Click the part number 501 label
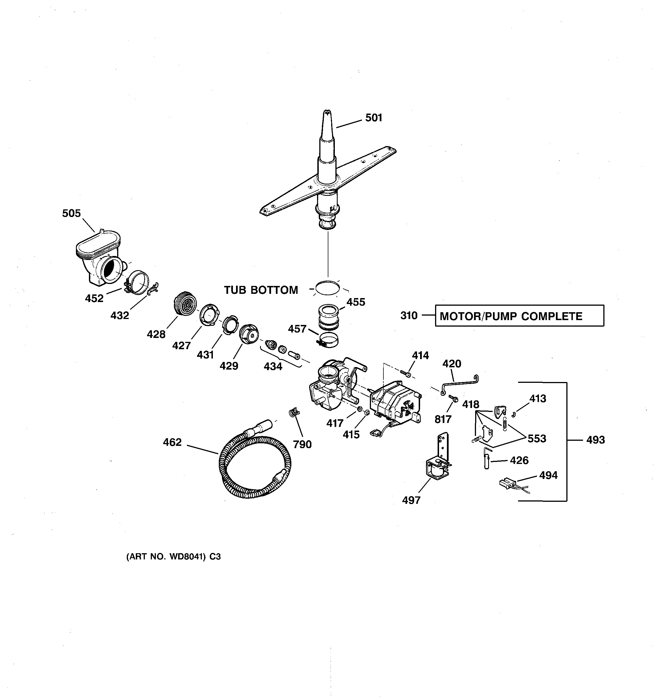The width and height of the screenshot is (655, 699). (x=374, y=118)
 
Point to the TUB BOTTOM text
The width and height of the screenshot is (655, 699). (x=261, y=290)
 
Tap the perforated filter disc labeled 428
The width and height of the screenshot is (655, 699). (x=185, y=303)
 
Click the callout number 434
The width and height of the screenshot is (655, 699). (x=273, y=367)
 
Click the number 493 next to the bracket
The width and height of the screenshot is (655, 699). (x=595, y=440)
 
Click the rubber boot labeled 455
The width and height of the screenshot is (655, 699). (x=329, y=316)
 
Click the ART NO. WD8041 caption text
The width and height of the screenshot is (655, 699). (x=173, y=557)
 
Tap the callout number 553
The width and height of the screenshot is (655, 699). (x=537, y=439)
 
